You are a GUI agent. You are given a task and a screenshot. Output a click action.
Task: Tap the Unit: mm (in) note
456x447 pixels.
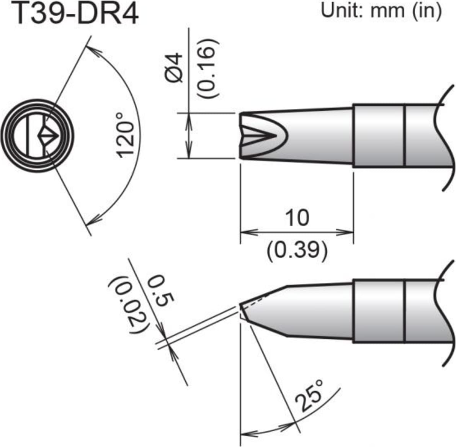pos(381,11)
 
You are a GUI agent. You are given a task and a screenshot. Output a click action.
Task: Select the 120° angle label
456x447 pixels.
pos(126,134)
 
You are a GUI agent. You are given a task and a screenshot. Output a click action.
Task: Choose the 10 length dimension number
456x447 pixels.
pos(297,218)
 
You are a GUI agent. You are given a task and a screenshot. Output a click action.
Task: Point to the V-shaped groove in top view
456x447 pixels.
pos(260,136)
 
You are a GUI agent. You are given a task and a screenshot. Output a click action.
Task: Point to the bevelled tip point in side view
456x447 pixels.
pos(242,306)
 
